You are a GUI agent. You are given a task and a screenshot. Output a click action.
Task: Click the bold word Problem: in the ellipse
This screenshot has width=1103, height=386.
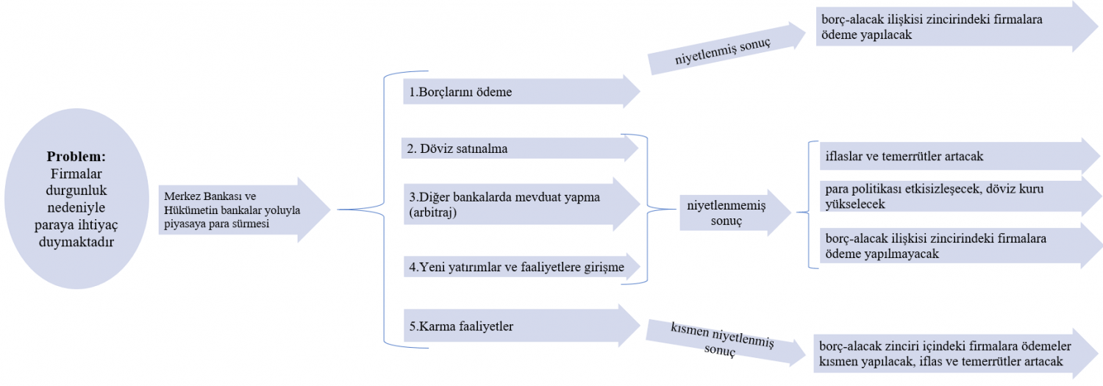[76, 157]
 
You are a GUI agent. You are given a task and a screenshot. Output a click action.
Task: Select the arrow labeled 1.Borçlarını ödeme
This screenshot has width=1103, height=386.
[521, 92]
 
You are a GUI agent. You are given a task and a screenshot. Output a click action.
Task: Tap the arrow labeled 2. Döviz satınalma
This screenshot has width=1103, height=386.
[520, 149]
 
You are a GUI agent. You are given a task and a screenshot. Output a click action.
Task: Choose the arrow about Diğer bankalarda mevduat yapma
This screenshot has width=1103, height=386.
[521, 204]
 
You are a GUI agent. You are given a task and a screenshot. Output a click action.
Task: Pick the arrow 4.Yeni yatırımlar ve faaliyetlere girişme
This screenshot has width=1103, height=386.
[522, 267]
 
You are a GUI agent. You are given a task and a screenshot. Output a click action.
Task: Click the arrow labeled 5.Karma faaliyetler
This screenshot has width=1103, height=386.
[521, 326]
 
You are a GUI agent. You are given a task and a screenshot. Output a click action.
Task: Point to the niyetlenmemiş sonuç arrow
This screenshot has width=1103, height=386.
[735, 212]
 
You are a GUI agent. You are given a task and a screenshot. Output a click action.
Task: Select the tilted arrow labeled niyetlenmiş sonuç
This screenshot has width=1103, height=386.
[727, 49]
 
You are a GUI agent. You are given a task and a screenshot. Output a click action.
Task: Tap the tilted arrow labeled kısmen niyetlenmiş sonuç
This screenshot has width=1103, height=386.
[726, 342]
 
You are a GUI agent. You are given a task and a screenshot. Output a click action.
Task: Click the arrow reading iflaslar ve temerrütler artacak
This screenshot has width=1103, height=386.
[960, 157]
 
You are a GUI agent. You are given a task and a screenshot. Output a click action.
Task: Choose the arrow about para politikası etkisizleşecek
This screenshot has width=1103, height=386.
[960, 196]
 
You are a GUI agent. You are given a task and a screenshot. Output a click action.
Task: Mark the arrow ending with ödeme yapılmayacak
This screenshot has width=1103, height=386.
[960, 246]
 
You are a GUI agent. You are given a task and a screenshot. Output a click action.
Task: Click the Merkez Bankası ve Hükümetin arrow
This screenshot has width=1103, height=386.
[244, 210]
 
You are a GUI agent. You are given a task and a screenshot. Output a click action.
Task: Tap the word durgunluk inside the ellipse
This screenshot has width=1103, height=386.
[76, 190]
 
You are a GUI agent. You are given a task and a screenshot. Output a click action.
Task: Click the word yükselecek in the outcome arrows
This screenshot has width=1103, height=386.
[855, 204]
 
